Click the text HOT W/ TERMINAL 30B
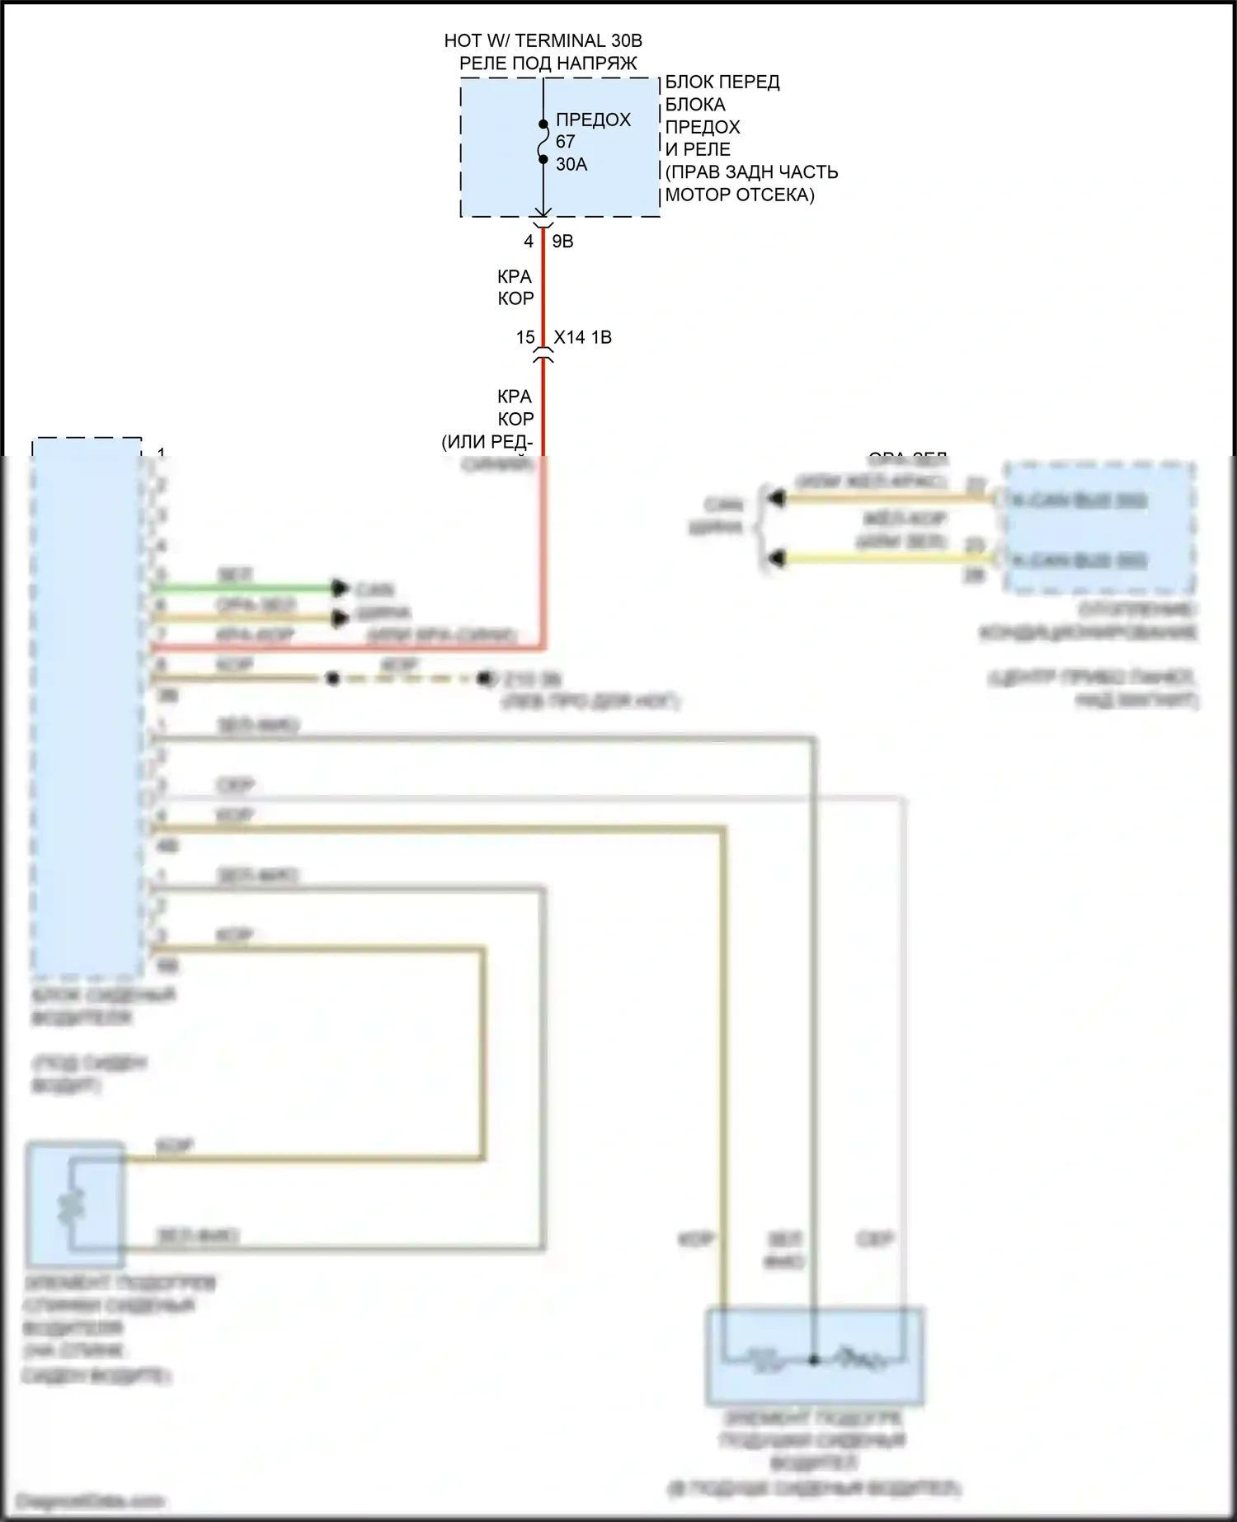pyautogui.click(x=543, y=40)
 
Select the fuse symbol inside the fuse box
pyautogui.click(x=543, y=142)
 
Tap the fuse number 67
pyautogui.click(x=565, y=142)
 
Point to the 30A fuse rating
pyautogui.click(x=571, y=165)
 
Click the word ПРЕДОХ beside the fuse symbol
pyautogui.click(x=593, y=120)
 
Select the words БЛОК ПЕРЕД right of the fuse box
pyautogui.click(x=722, y=82)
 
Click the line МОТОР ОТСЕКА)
pyautogui.click(x=740, y=195)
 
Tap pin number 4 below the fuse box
pyautogui.click(x=529, y=242)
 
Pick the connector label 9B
pyautogui.click(x=562, y=242)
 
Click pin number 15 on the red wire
pyautogui.click(x=525, y=337)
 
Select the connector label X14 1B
pyautogui.click(x=582, y=337)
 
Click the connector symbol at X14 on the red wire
pyautogui.click(x=543, y=356)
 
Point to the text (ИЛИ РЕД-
pyautogui.click(x=487, y=442)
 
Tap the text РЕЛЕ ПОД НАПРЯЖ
pyautogui.click(x=548, y=63)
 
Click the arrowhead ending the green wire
pyautogui.click(x=339, y=588)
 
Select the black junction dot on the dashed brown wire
pyautogui.click(x=332, y=679)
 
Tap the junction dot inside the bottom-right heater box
pyautogui.click(x=813, y=1360)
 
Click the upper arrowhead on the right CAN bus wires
pyautogui.click(x=775, y=497)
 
